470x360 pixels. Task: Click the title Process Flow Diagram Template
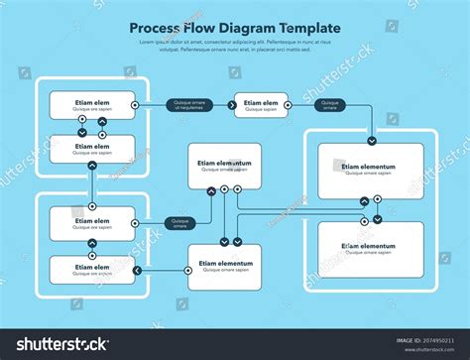234,29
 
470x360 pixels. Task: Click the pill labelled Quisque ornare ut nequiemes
189,104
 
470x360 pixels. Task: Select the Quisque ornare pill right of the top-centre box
329,104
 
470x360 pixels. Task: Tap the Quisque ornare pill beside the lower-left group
179,223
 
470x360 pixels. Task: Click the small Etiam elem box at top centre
261,104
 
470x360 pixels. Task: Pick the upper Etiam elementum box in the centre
225,166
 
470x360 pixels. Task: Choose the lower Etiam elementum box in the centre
225,266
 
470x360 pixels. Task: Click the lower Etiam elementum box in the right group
368,248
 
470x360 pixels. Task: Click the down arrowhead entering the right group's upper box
370,140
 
